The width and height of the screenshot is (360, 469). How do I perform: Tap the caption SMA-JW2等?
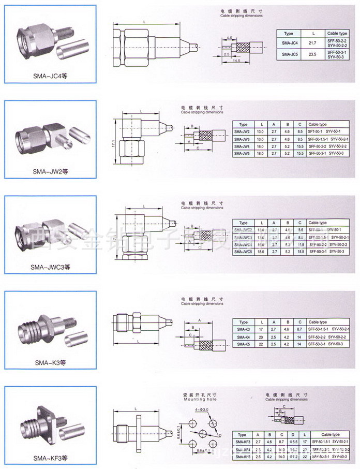coord(50,171)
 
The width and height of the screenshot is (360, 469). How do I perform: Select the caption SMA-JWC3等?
coord(50,267)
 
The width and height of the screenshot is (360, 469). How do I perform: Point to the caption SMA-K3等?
coord(50,362)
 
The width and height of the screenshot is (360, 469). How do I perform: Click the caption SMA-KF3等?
coord(50,458)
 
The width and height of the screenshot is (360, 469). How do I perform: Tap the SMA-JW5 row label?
coord(244,154)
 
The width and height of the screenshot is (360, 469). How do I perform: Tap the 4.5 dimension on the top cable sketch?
coord(229,38)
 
